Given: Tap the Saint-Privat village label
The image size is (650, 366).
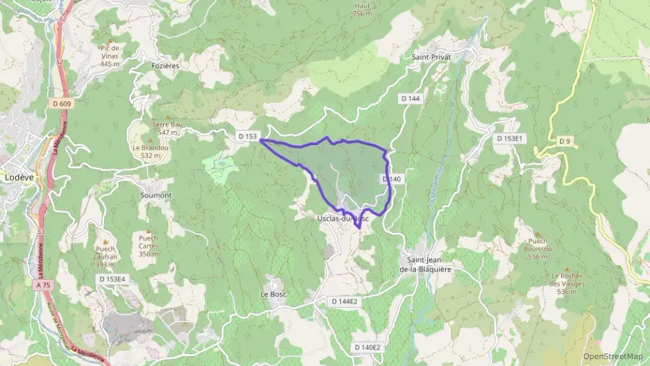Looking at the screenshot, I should coord(431,57).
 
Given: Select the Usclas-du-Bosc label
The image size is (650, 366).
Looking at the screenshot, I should coord(338,217).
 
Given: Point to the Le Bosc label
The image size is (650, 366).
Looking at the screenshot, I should coord(274,294).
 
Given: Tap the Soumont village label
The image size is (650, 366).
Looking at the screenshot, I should coord(156,195).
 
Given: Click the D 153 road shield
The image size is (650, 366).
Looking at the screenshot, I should coord(247,137).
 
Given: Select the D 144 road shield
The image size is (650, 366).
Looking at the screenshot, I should coord(410,99).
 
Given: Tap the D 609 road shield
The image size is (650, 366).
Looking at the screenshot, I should coord(61,103).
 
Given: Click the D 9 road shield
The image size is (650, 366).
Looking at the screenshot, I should coord(565,142).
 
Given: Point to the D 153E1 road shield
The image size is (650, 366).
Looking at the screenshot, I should coord(508,139).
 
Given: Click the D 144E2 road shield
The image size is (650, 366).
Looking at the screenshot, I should coord(344,301).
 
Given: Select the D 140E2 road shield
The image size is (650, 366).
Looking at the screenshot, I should coord(367,347).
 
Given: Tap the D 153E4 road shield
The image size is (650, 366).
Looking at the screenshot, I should coord(111,278).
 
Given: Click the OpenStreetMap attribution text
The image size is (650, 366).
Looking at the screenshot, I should coord(612,356).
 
